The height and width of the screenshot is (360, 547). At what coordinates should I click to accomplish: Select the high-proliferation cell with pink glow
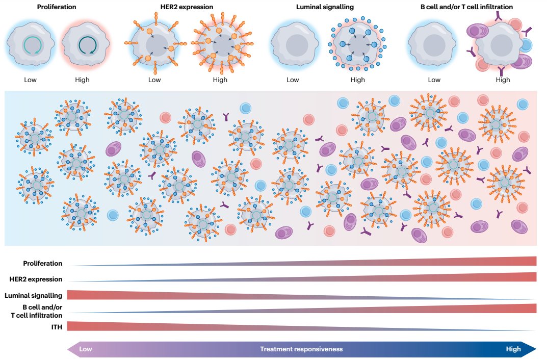pyautogui.click(x=85, y=46)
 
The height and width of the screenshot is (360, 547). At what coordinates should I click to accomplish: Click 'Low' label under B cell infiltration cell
pyautogui.click(x=434, y=80)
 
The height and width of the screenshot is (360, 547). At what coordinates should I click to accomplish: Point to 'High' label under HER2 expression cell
pyautogui.click(x=220, y=80)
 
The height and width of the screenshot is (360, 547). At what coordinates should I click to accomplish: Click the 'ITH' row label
pyautogui.click(x=56, y=327)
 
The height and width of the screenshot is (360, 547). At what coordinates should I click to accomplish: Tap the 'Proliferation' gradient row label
pyautogui.click(x=42, y=264)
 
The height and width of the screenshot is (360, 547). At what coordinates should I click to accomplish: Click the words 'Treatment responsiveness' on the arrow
pyautogui.click(x=301, y=349)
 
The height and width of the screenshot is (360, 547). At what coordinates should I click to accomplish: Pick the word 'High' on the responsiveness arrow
pyautogui.click(x=513, y=349)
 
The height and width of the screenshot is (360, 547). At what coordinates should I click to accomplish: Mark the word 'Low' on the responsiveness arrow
pyautogui.click(x=86, y=349)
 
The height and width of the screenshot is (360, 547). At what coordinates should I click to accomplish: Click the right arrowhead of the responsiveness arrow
pyautogui.click(x=531, y=349)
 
